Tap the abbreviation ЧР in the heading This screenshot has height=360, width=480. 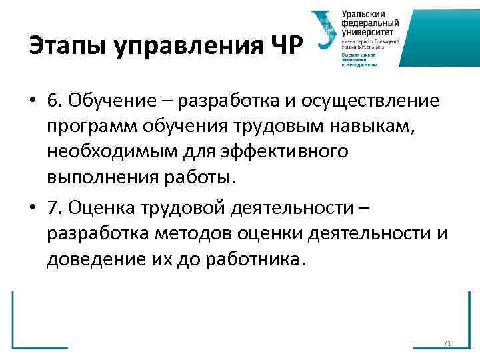[285, 47]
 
